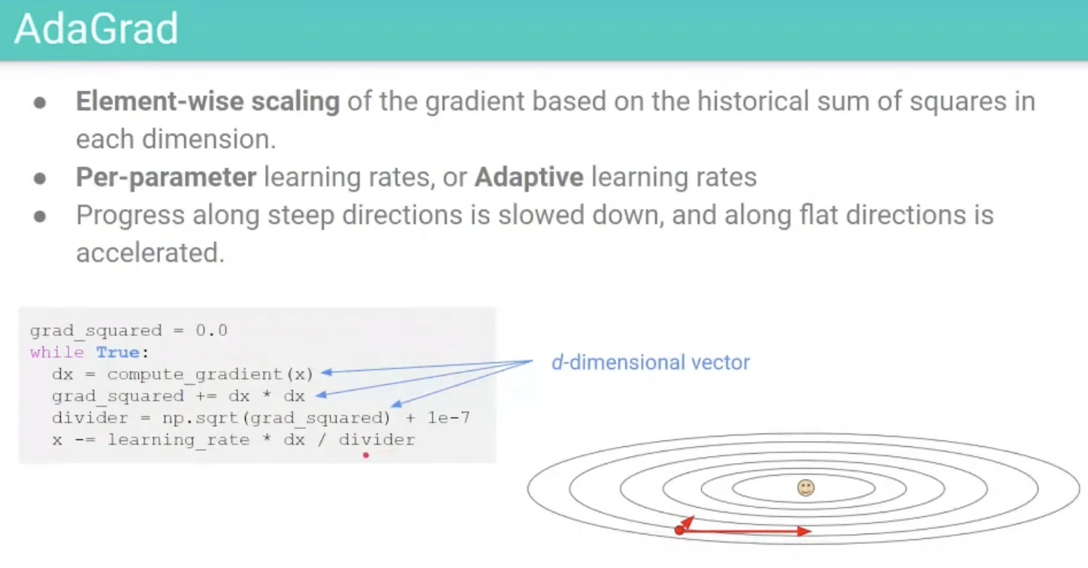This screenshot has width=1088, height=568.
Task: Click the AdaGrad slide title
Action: point(96,29)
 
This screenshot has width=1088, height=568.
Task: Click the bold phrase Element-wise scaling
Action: point(208,101)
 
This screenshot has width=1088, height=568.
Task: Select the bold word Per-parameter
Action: point(166,177)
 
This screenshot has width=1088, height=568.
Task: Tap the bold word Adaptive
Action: point(529,177)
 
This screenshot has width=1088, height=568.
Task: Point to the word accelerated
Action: point(150,253)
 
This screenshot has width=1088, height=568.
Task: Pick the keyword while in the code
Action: point(57,352)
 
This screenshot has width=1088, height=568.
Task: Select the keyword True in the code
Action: point(118,352)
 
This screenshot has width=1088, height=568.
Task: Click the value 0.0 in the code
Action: point(211,331)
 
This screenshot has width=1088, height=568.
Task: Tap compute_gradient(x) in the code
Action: point(210,374)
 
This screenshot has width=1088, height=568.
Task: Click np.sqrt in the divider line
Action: point(201,418)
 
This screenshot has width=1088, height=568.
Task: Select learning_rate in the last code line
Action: point(179,440)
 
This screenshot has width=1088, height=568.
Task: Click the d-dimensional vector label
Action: point(651,363)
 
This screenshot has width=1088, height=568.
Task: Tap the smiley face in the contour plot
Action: point(805,488)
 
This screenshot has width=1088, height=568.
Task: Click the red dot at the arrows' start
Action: point(679,530)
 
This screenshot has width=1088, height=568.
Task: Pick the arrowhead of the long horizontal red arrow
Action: point(804,532)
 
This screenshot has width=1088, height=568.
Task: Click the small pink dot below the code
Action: point(366,455)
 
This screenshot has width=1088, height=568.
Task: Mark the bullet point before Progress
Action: point(40,216)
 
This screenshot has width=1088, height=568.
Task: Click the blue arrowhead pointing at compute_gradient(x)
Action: point(326,373)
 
